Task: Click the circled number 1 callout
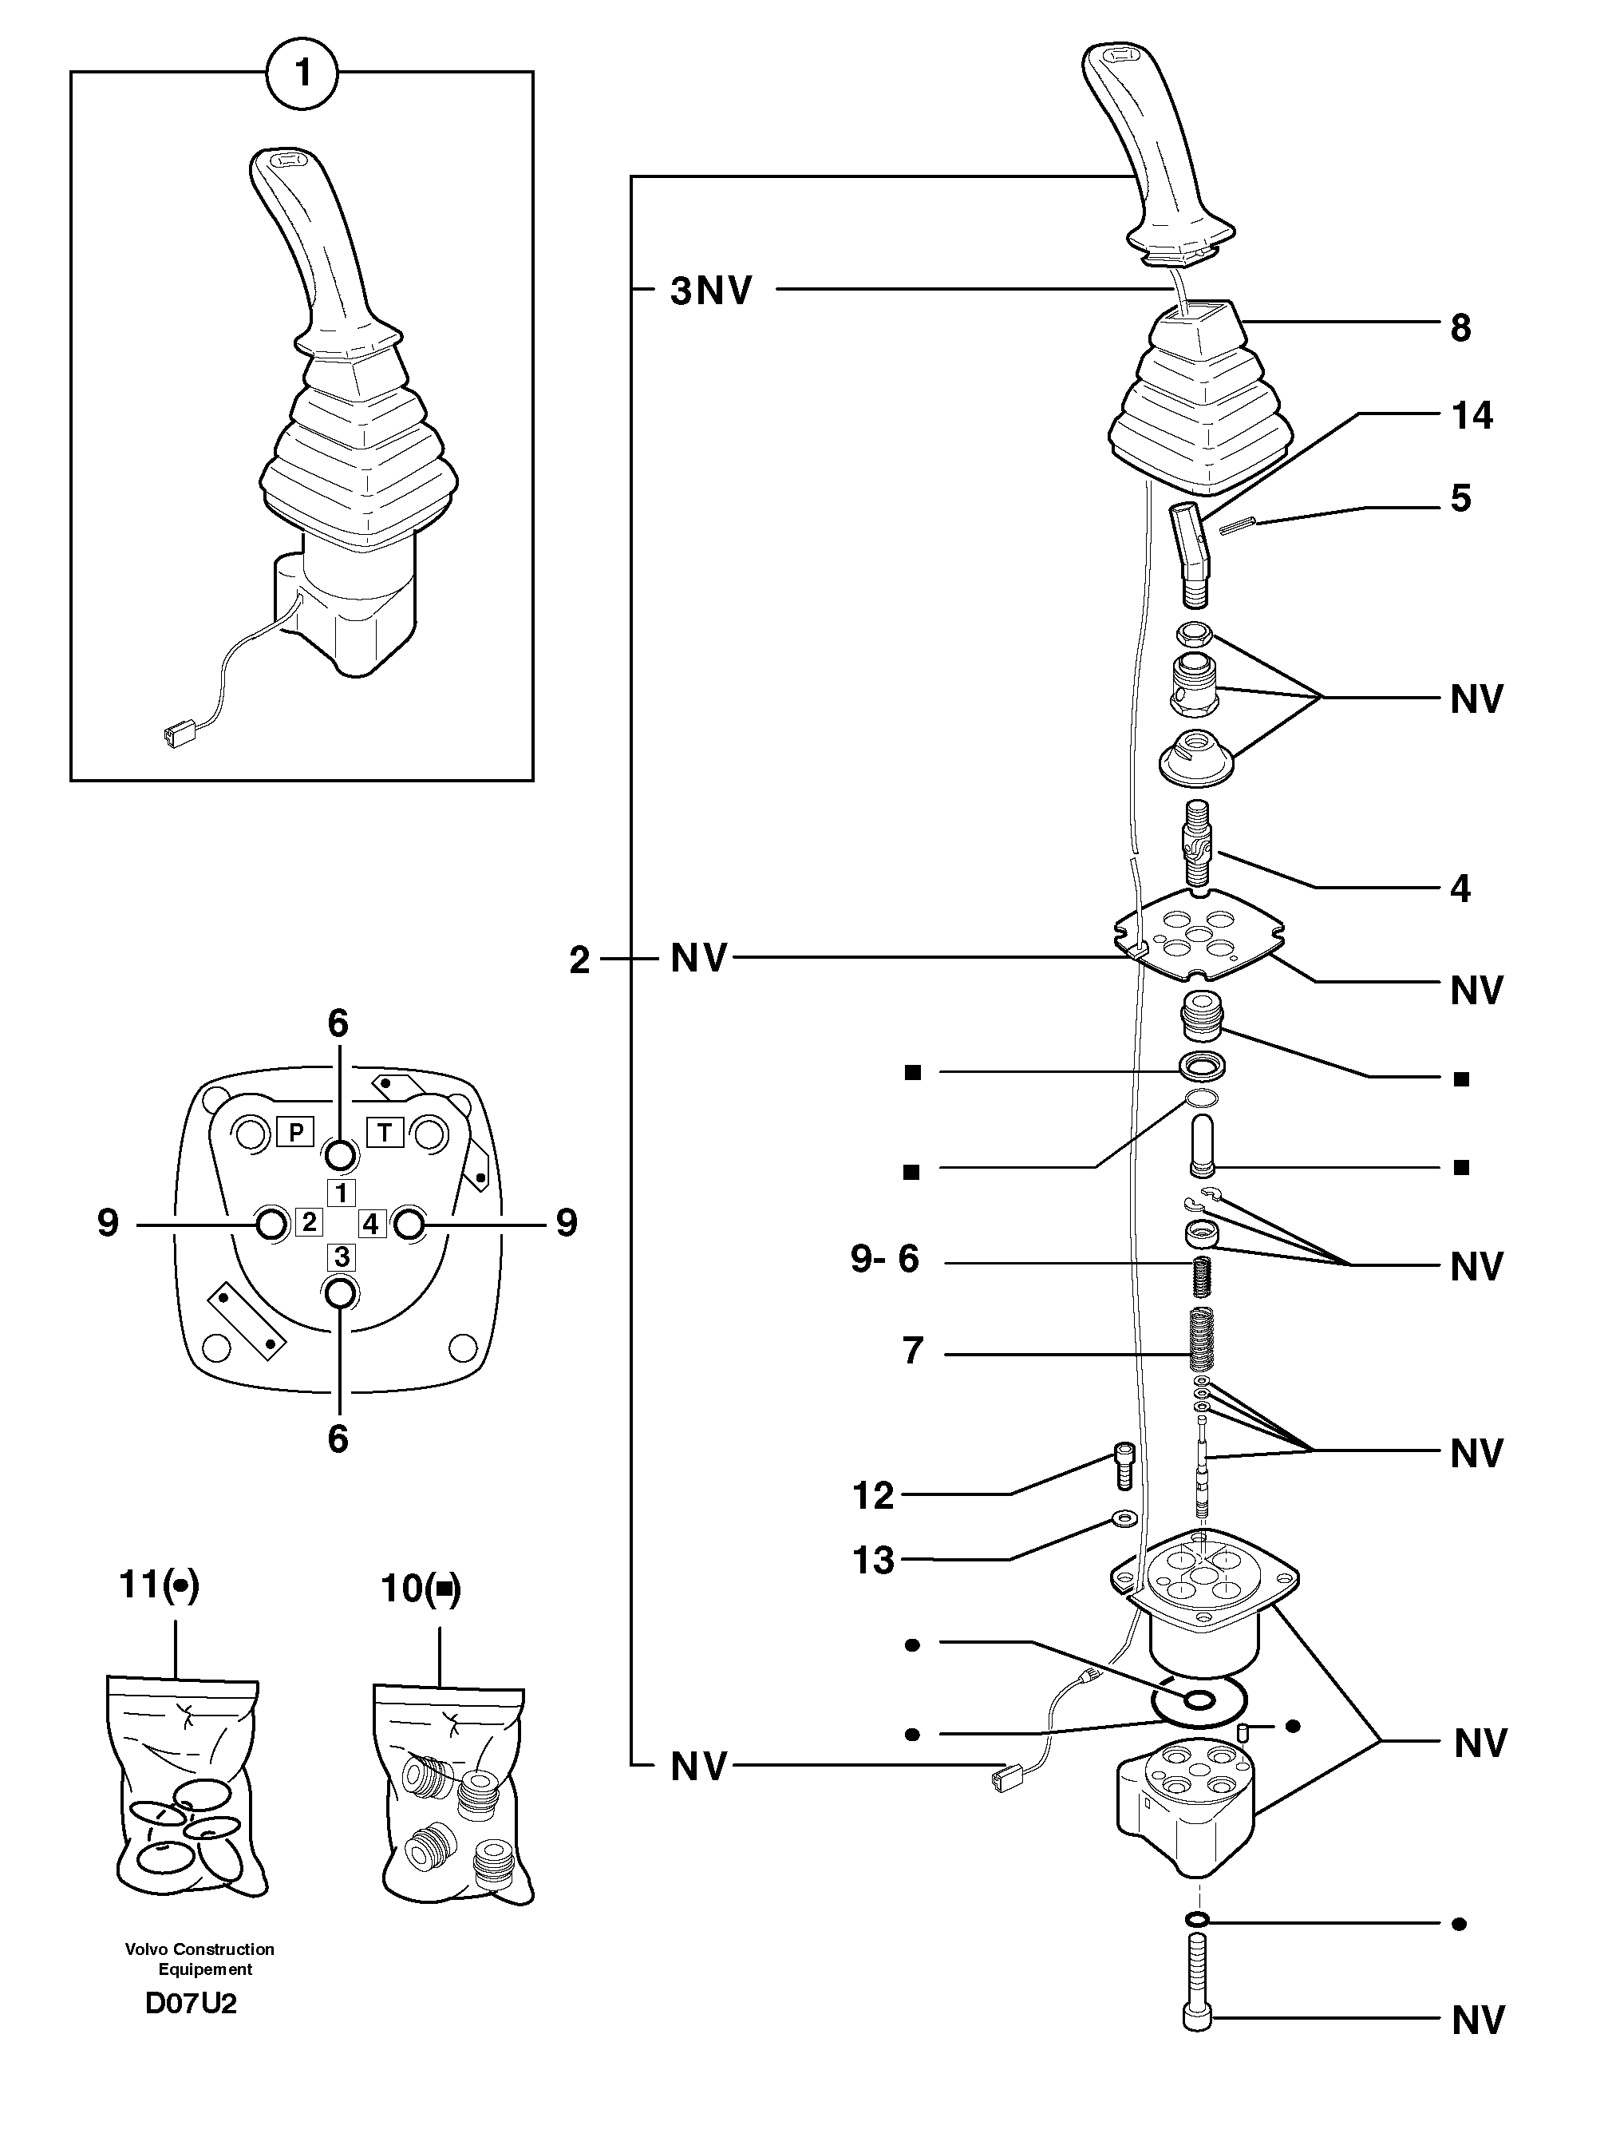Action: click(302, 73)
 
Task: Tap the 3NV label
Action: click(710, 290)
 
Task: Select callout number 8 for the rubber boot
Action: click(1460, 328)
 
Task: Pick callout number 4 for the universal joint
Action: click(1460, 888)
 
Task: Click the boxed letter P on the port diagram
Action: click(294, 1130)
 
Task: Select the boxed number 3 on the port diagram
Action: click(342, 1256)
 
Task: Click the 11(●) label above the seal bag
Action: click(158, 1585)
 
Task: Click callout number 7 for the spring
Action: click(913, 1350)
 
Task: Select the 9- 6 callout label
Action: click(883, 1259)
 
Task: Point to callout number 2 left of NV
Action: click(579, 960)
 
